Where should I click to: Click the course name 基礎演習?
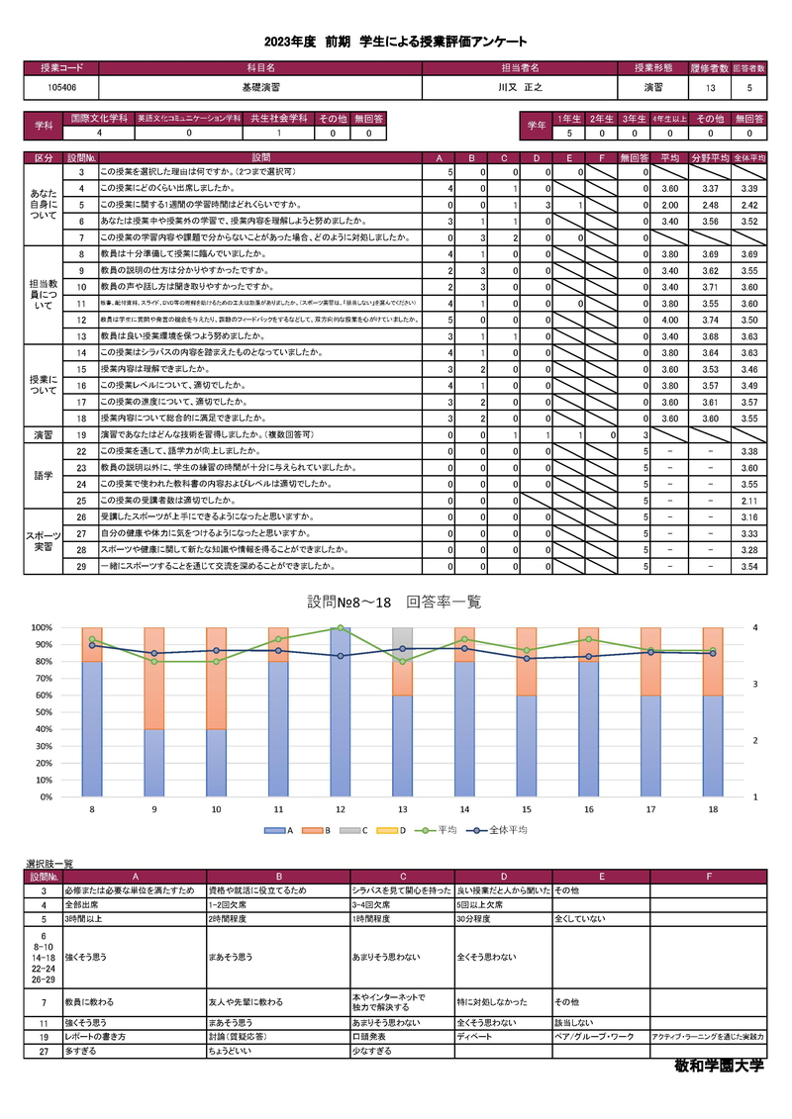pyautogui.click(x=259, y=87)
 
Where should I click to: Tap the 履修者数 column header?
pyautogui.click(x=710, y=68)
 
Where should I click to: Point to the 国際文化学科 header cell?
pyautogui.click(x=98, y=118)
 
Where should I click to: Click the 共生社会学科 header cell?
pyautogui.click(x=279, y=118)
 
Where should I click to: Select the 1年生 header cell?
pyautogui.click(x=569, y=118)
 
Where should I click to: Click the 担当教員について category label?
pyautogui.click(x=44, y=293)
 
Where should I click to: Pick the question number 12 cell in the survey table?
pyautogui.click(x=82, y=321)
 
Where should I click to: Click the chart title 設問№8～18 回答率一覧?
pyautogui.click(x=394, y=602)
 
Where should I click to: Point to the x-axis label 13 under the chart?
pyautogui.click(x=402, y=809)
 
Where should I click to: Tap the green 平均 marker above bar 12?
pyautogui.click(x=340, y=628)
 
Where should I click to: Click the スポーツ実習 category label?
pyautogui.click(x=44, y=541)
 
